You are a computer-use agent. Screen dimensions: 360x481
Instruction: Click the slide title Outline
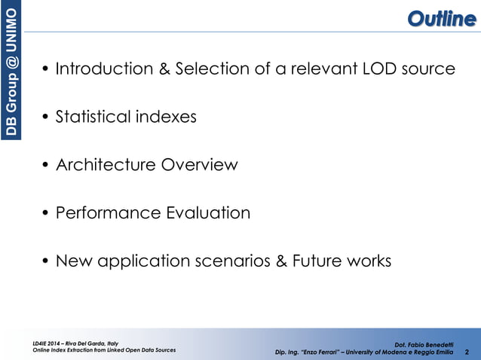(441, 18)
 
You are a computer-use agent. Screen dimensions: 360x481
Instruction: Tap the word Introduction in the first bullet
(104, 69)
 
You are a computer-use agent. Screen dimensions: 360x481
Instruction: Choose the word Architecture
(106, 165)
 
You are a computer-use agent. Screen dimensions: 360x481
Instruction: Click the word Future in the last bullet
(320, 261)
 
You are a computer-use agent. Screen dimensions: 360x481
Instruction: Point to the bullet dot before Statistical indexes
(46, 117)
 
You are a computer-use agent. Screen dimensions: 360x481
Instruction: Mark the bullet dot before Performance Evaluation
(46, 214)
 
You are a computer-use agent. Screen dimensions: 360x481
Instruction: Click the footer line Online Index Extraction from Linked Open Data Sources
(99, 351)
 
